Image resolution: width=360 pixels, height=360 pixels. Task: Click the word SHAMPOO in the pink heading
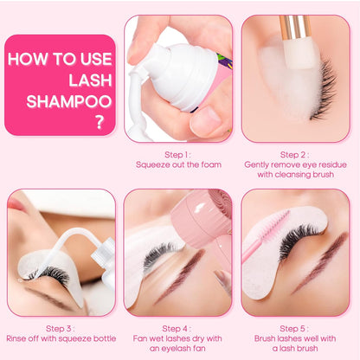pos(59,101)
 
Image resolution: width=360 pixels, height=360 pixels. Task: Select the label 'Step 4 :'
pos(178,330)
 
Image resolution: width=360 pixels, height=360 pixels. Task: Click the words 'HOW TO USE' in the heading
pos(59,60)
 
